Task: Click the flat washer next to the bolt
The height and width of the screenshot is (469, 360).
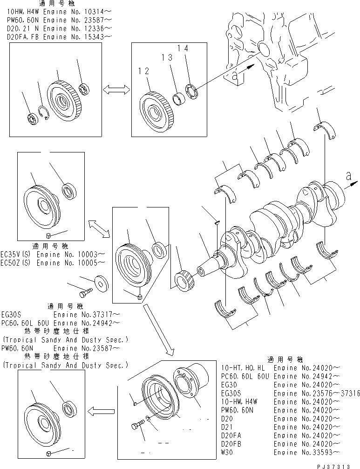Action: click(101, 283)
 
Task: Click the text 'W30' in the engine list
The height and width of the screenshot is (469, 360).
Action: click(228, 452)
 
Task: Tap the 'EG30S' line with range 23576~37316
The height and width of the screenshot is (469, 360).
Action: click(289, 393)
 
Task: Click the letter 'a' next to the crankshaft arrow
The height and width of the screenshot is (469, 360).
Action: click(348, 175)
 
